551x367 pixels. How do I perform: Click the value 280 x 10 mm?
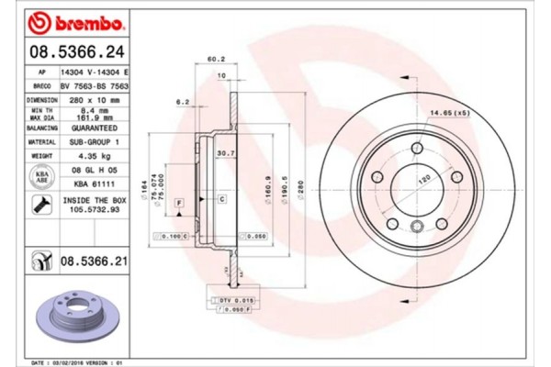95,99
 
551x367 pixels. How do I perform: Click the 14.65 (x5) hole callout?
451,113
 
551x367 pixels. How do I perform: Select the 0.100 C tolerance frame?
173,237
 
